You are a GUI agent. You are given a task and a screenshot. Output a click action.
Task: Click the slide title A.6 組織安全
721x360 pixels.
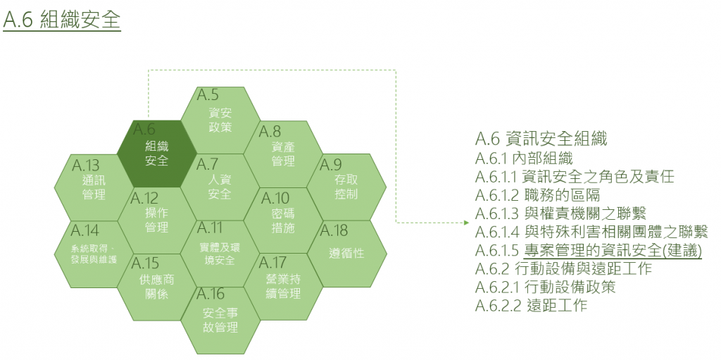click(x=62, y=20)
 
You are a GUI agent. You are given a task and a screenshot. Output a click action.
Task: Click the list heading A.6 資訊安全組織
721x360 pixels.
click(x=541, y=138)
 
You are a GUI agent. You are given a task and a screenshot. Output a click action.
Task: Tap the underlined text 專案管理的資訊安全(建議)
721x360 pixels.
click(x=613, y=251)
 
